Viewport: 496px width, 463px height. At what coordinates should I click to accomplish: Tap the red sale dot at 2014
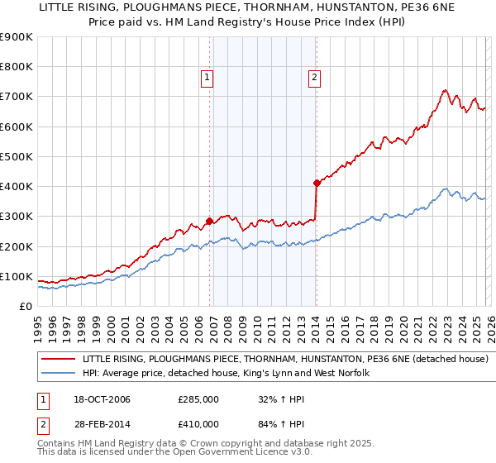(317, 183)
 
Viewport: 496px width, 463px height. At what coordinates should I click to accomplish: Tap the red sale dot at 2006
(209, 221)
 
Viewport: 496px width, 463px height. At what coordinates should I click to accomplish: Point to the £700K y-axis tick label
(17, 97)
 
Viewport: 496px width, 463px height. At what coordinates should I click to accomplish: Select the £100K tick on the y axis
(17, 276)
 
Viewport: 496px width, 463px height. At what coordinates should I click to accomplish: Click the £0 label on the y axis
(25, 306)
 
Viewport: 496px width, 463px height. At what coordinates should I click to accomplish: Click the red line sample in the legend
(59, 360)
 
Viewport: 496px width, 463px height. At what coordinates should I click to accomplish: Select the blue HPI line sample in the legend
(59, 374)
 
